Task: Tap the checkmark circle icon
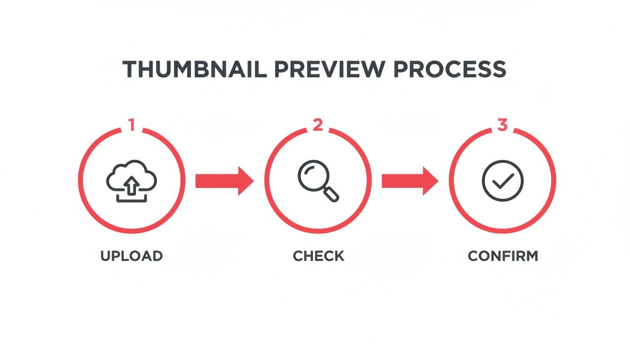(502, 180)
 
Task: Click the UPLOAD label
(131, 256)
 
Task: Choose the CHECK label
(318, 256)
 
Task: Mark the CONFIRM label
(503, 256)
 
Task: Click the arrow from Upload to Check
(224, 180)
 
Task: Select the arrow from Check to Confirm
(410, 180)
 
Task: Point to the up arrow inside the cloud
(133, 185)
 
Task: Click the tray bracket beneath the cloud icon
(132, 199)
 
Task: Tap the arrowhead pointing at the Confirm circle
(430, 180)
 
